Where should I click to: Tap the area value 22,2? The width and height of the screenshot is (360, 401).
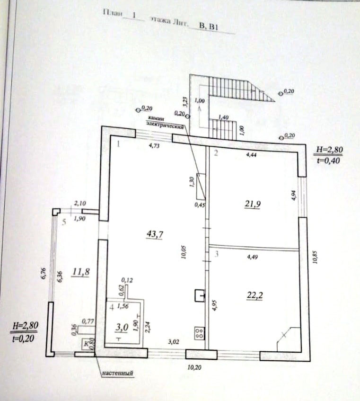click(255, 295)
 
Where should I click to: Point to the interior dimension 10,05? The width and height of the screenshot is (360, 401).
click(184, 247)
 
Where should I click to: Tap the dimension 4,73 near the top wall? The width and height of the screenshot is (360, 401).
click(154, 146)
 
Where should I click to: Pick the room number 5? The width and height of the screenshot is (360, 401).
click(64, 223)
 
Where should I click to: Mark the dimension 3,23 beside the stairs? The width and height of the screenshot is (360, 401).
click(185, 103)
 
